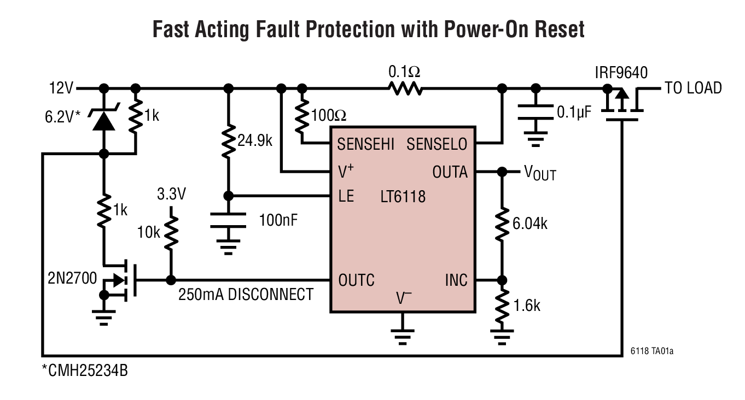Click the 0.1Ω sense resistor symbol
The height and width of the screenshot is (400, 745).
[405, 88]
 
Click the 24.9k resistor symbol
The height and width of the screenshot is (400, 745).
[229, 141]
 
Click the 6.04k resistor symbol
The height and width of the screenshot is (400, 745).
[501, 225]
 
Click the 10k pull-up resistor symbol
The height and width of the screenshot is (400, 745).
[171, 233]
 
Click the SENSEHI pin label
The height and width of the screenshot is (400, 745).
[365, 144]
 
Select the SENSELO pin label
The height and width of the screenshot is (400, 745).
[436, 144]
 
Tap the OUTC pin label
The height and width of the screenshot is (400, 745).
[356, 280]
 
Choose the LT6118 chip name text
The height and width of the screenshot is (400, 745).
[403, 197]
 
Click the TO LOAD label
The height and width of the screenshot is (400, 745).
[692, 88]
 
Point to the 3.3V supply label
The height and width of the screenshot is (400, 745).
[171, 194]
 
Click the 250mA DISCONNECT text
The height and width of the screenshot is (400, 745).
[246, 295]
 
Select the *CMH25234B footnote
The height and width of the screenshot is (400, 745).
[85, 371]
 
